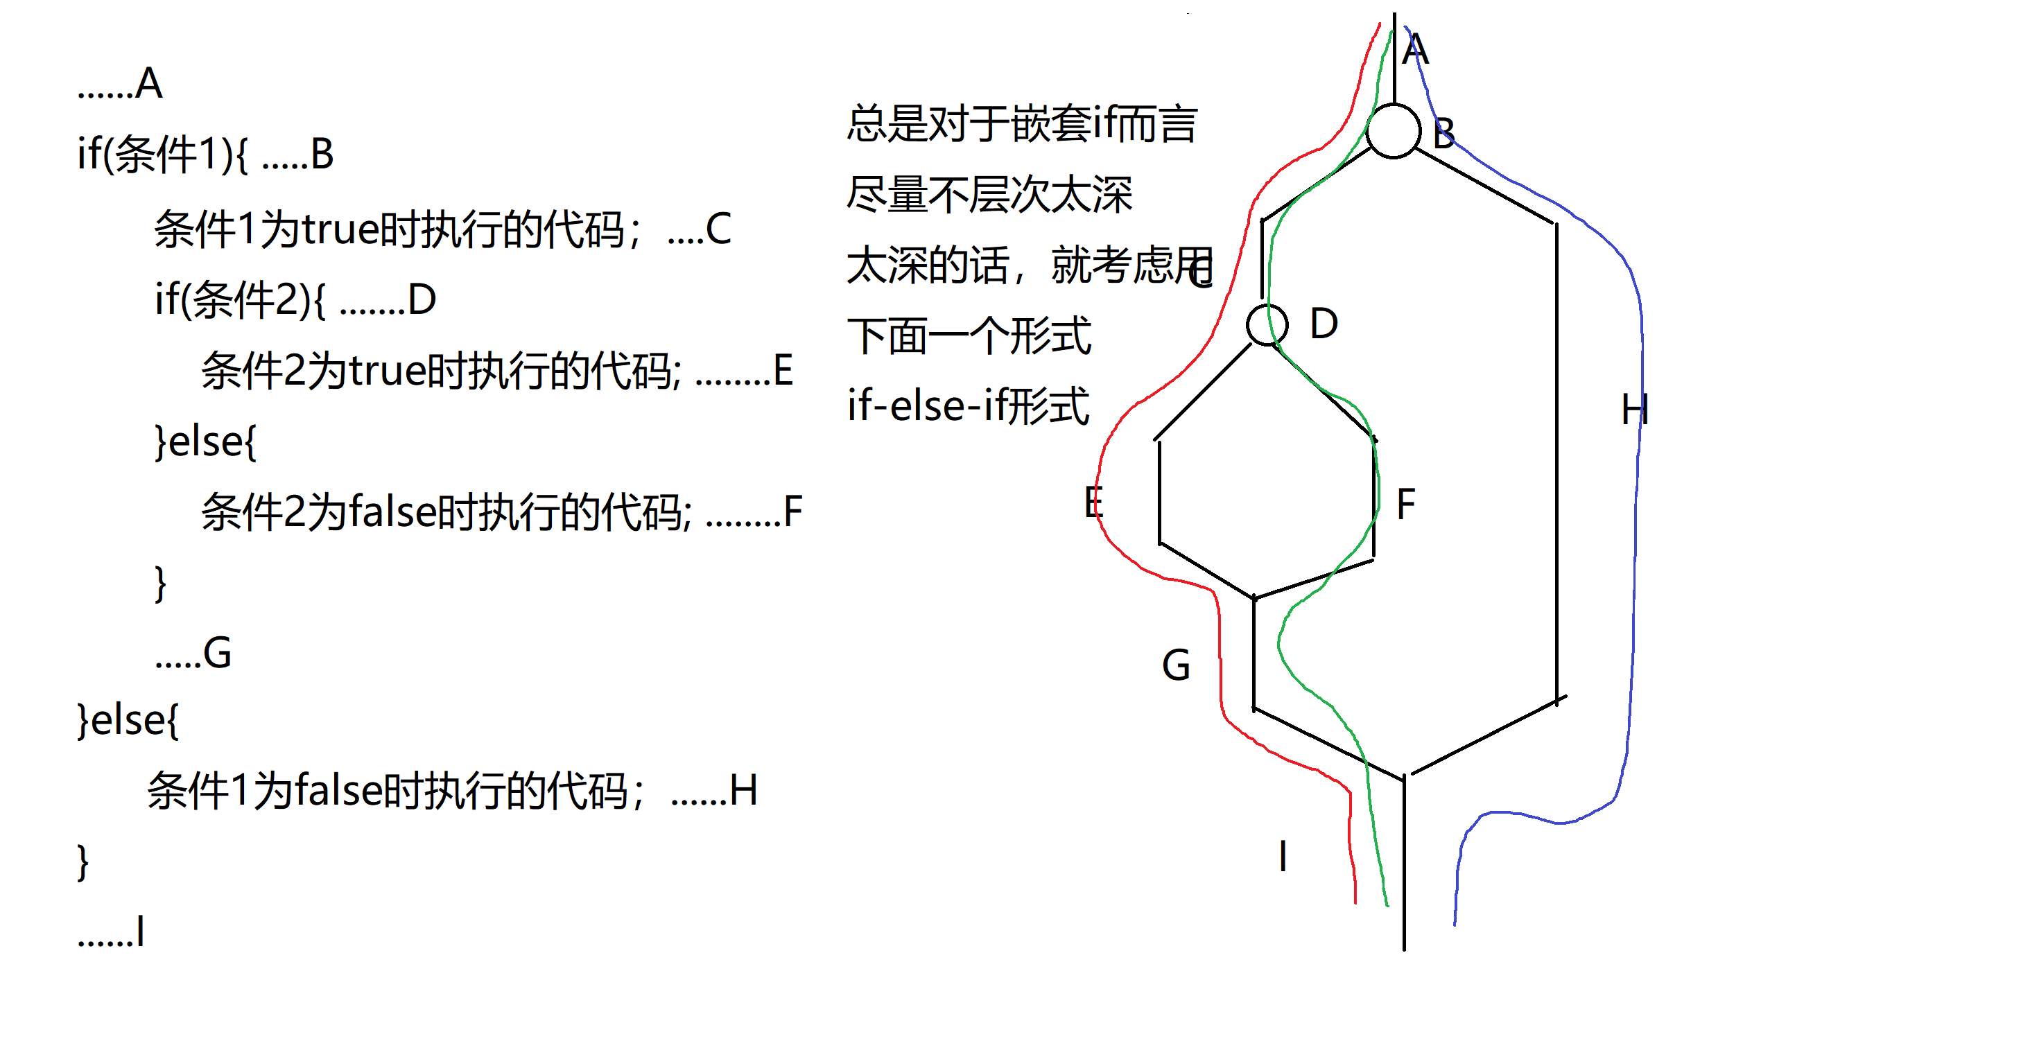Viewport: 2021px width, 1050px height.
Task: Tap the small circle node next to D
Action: (1266, 324)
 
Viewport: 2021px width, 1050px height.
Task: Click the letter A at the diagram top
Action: (1415, 50)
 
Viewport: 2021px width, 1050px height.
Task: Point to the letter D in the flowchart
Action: (1324, 324)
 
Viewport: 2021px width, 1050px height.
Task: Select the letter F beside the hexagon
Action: (1406, 503)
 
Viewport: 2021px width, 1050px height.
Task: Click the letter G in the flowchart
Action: (1176, 666)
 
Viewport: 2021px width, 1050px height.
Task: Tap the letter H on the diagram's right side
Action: (1635, 410)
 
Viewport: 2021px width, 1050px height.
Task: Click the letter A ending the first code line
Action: (148, 84)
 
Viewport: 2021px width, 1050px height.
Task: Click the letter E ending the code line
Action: (783, 370)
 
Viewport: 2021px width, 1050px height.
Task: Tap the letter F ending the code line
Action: (793, 512)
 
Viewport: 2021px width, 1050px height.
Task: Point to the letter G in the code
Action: (217, 653)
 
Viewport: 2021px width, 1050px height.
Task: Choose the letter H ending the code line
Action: (743, 790)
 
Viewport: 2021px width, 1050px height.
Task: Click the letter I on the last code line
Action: (139, 931)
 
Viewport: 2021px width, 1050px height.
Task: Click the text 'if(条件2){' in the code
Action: (239, 299)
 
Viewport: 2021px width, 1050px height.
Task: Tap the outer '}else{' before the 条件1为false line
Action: (128, 720)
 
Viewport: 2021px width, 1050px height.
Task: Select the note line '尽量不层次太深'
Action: (989, 195)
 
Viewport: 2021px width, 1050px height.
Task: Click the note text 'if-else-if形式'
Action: (968, 406)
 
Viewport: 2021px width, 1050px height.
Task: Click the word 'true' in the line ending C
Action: (339, 230)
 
